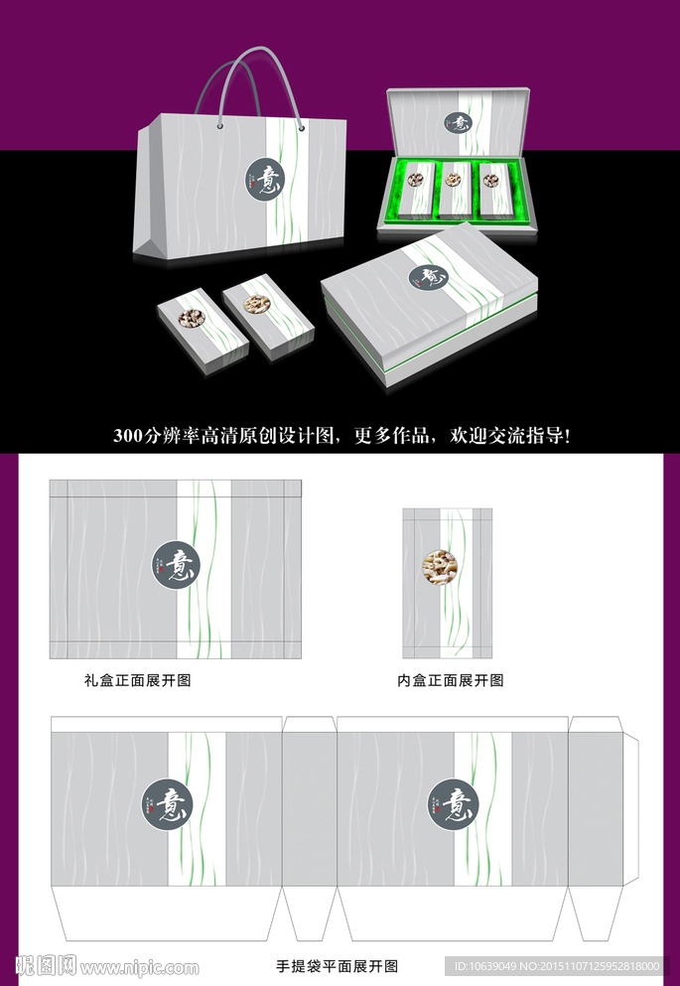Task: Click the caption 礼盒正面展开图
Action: (137, 682)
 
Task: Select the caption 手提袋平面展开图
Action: (337, 965)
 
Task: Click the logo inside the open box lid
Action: (457, 125)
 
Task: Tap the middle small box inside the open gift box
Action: (454, 189)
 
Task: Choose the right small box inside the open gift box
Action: (492, 188)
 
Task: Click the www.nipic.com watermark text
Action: (140, 967)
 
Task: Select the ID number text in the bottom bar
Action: (556, 966)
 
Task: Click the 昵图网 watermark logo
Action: (46, 965)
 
